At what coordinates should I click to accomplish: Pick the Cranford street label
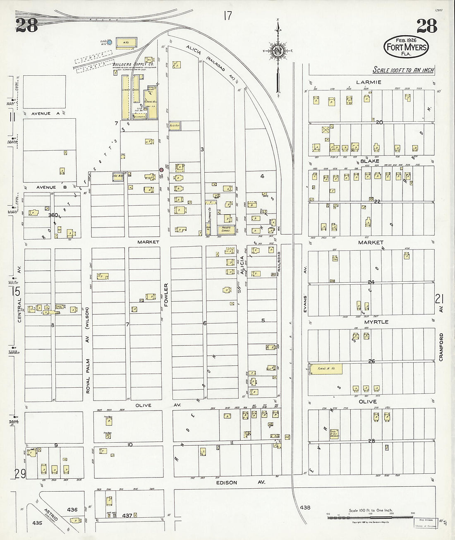(441, 347)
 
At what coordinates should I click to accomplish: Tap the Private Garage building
(227, 228)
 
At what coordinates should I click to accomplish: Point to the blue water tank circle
(110, 42)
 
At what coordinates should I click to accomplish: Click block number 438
(305, 507)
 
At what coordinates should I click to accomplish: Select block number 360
(53, 215)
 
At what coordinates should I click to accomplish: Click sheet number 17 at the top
(227, 16)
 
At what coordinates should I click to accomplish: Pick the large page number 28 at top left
(27, 26)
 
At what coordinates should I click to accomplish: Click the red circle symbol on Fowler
(162, 169)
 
